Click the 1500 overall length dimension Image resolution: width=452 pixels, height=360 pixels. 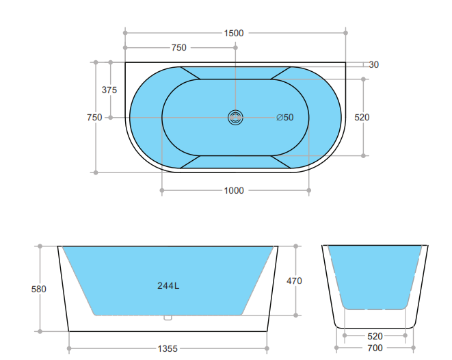pyautogui.click(x=234, y=33)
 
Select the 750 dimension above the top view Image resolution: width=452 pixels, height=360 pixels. pyautogui.click(x=178, y=48)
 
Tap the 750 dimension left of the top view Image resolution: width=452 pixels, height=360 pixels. pyautogui.click(x=94, y=118)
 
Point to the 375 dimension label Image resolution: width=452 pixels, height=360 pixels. pyautogui.click(x=109, y=90)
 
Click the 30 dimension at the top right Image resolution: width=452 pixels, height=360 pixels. pyautogui.click(x=373, y=65)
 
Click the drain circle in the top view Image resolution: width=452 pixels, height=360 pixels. pyautogui.click(x=235, y=118)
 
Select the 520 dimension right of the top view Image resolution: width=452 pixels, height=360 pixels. pyautogui.click(x=362, y=118)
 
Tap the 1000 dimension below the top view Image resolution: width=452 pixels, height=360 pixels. pyautogui.click(x=234, y=191)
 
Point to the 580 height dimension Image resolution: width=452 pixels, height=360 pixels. pyautogui.click(x=39, y=290)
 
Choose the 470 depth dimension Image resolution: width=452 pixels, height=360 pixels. pyautogui.click(x=295, y=281)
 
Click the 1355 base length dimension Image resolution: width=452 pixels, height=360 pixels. pyautogui.click(x=168, y=348)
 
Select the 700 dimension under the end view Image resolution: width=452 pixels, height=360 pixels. pyautogui.click(x=375, y=348)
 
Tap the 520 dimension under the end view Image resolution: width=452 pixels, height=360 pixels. pyautogui.click(x=375, y=336)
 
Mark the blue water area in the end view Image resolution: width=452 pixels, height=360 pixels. pyautogui.click(x=375, y=274)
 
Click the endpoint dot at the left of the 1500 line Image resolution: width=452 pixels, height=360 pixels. pyautogui.click(x=125, y=31)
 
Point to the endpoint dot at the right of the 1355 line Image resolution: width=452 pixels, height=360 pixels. pyautogui.click(x=267, y=348)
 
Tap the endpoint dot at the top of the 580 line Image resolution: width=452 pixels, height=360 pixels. pyautogui.click(x=40, y=246)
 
